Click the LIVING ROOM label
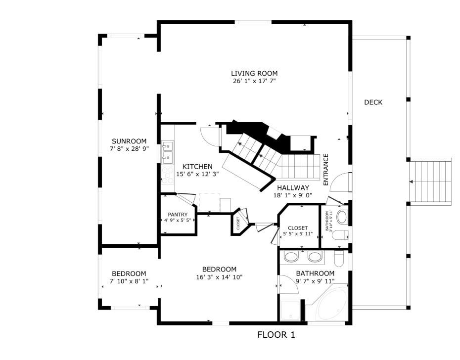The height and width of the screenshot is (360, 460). [254, 74]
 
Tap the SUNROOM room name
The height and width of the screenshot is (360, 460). [129, 141]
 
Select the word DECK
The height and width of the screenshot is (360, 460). [373, 102]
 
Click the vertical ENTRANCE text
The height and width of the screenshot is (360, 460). [326, 170]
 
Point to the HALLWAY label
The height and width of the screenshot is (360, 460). [293, 188]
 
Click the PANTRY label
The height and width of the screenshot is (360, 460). [177, 214]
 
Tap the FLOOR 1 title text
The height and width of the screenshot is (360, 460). [276, 335]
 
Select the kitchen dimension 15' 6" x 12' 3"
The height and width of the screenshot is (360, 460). [197, 174]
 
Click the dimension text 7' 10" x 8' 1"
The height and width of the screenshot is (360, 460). [129, 281]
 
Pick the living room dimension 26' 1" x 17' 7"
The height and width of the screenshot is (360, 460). [254, 81]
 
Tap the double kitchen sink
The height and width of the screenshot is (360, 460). [167, 152]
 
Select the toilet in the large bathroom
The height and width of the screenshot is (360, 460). [339, 258]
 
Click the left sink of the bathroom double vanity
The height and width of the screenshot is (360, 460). [292, 257]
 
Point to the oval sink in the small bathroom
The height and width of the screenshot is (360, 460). [342, 217]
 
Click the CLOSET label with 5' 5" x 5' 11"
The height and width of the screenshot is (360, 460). [298, 228]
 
